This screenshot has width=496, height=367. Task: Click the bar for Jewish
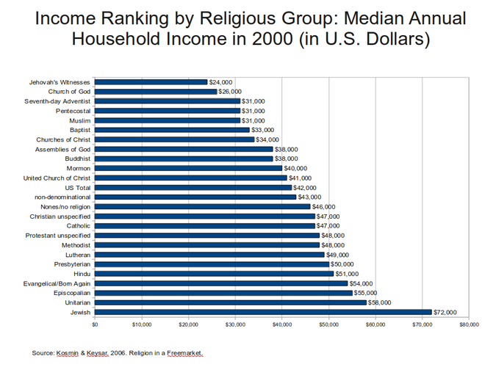click(x=262, y=312)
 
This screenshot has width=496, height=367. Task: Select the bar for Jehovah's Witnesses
click(x=151, y=82)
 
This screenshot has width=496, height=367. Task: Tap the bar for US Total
click(x=193, y=187)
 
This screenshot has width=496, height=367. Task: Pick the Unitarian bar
click(x=230, y=302)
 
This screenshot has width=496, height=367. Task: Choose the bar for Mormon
click(x=188, y=168)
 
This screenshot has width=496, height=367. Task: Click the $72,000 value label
click(x=445, y=312)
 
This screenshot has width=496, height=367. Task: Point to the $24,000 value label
click(x=221, y=82)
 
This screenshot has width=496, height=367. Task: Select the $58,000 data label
click(x=380, y=302)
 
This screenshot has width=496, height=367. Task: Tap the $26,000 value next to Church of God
click(x=231, y=92)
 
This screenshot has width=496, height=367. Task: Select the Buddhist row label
click(x=77, y=159)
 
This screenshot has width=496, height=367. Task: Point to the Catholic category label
click(x=79, y=226)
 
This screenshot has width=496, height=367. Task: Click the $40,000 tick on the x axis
click(x=281, y=324)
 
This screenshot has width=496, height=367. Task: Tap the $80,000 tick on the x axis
click(x=468, y=324)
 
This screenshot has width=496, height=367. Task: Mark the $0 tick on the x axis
click(x=95, y=324)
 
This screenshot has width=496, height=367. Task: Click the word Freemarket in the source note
click(x=184, y=353)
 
